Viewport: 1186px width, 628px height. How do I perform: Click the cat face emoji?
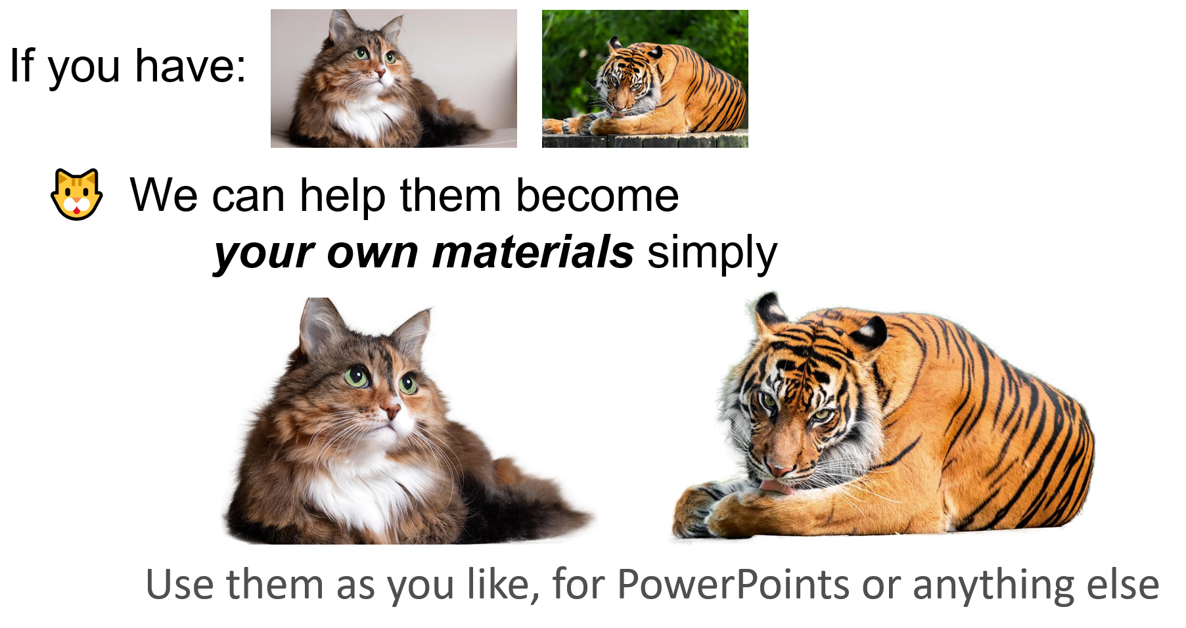tap(77, 194)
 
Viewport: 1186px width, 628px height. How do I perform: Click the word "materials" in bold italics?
tap(533, 252)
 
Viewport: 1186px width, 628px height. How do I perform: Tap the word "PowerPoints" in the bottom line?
tap(733, 584)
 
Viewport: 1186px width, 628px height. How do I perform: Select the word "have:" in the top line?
tap(191, 66)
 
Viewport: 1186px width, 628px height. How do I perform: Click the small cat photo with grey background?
tap(394, 78)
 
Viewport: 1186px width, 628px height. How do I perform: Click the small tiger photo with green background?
tap(645, 78)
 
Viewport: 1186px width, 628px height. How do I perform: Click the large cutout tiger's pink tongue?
tap(774, 487)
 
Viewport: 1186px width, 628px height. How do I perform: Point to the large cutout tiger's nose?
tap(780, 469)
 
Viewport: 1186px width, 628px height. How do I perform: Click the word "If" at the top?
tap(22, 66)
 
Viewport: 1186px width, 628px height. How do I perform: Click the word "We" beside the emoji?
tap(163, 195)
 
